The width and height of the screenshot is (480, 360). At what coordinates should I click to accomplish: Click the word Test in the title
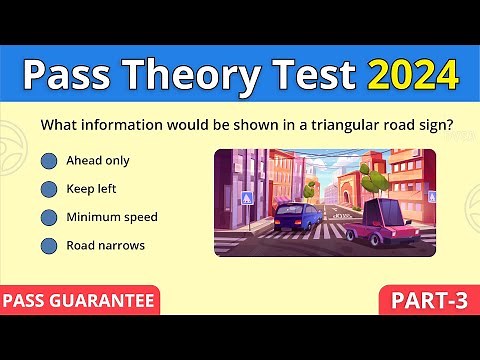pos(311,74)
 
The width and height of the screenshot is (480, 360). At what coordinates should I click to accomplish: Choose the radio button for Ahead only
pos(48,160)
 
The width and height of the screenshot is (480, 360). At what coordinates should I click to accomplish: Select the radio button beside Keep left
pos(48,188)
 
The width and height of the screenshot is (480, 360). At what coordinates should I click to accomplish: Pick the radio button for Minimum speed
pos(48,216)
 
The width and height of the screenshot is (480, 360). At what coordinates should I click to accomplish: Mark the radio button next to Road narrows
pos(48,244)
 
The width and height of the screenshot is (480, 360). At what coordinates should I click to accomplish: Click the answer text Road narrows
pos(105,244)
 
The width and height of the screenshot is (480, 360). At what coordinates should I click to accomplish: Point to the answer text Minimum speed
pos(111,216)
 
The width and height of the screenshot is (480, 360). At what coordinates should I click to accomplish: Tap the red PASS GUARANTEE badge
pos(79,300)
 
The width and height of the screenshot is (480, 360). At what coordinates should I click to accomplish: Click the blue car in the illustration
pos(291,217)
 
